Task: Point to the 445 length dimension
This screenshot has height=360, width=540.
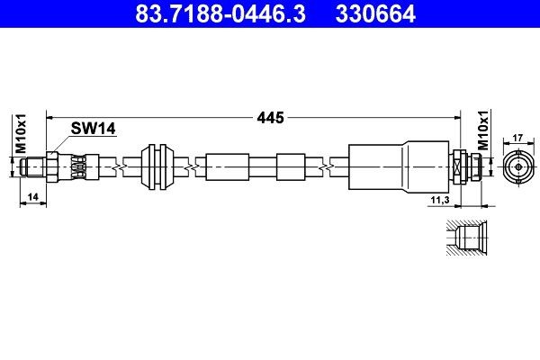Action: click(270, 117)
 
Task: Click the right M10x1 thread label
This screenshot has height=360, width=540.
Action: click(483, 131)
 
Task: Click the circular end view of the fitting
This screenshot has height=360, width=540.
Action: click(517, 167)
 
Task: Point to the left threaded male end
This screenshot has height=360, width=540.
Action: click(35, 167)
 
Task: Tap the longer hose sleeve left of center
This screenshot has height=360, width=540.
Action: click(226, 167)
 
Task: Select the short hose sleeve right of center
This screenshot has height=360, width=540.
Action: click(292, 167)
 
